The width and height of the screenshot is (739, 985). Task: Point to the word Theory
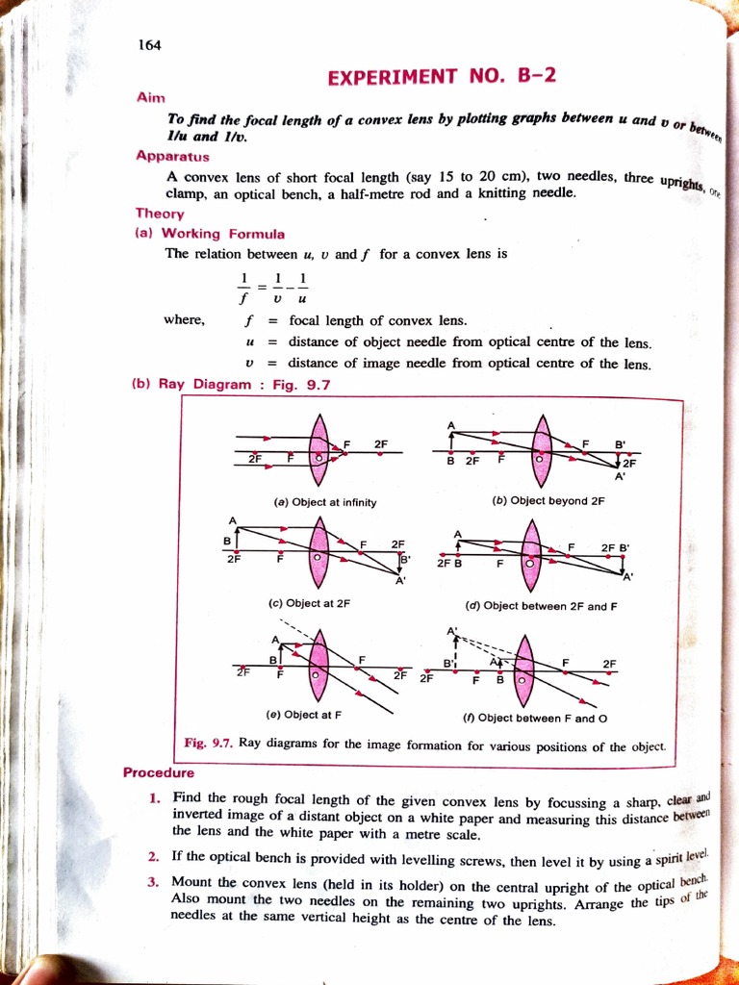(160, 215)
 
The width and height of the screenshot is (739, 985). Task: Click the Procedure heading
(159, 772)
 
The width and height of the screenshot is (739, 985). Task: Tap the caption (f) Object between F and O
(538, 717)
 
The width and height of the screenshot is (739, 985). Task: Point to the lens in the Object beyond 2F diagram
(542, 450)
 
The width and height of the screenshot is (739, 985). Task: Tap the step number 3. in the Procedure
(154, 881)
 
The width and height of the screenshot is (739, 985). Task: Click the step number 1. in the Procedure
(154, 798)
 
